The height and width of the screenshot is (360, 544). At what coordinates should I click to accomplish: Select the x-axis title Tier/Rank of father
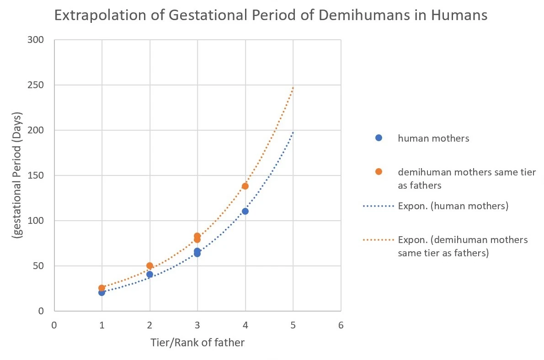[197, 342]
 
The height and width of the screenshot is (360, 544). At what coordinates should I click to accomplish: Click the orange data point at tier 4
[245, 186]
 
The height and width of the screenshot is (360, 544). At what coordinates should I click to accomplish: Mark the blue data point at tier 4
[245, 211]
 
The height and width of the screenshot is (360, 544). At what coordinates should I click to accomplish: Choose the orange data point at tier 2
[149, 265]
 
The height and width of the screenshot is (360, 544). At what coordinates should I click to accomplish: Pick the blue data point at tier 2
[149, 274]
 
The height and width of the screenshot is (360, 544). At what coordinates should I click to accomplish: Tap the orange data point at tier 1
[101, 288]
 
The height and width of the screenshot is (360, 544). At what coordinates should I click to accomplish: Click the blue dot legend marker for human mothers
[378, 138]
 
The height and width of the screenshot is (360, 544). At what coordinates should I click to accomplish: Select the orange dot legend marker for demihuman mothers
[378, 172]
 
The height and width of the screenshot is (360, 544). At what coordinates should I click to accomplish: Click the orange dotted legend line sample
[378, 240]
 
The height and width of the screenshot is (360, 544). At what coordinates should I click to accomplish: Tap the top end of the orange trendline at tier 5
[293, 87]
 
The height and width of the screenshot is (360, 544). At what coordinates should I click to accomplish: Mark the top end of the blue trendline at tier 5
[293, 132]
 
